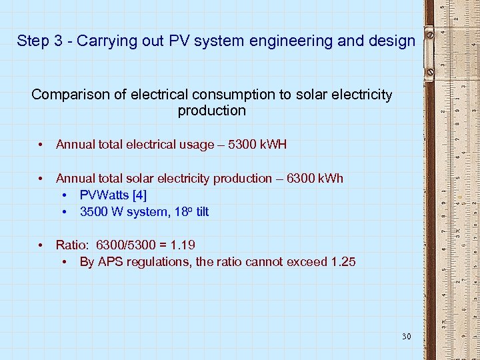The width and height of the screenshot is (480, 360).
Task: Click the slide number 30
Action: (x=406, y=337)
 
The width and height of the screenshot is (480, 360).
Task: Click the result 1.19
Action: (x=183, y=245)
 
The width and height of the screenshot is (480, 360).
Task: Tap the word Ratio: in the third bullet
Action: (x=72, y=245)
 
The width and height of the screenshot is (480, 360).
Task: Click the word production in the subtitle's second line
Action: (x=212, y=111)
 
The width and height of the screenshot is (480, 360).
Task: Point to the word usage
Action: (x=200, y=144)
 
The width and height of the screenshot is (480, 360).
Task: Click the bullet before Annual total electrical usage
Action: (x=41, y=144)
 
